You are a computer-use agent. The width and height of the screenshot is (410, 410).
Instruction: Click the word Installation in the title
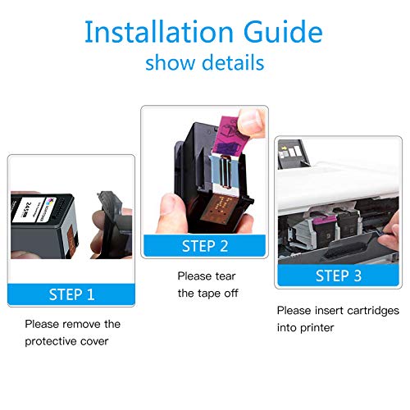click(x=159, y=32)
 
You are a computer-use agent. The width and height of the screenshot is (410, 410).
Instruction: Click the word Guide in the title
click(x=283, y=32)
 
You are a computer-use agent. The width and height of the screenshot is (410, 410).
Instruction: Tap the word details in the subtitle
click(x=233, y=62)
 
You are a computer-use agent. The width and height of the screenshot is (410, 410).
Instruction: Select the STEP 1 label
click(x=71, y=294)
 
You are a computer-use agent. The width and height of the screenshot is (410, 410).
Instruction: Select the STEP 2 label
click(x=205, y=246)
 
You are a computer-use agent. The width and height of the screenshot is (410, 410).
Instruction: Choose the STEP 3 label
click(x=339, y=276)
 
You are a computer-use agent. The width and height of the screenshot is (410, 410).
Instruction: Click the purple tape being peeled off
click(x=227, y=137)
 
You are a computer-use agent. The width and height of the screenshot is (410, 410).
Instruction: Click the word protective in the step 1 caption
click(x=43, y=341)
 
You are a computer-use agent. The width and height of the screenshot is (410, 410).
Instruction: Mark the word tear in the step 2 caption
click(x=225, y=276)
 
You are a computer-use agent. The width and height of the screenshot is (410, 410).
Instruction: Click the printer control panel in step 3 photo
click(x=293, y=154)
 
